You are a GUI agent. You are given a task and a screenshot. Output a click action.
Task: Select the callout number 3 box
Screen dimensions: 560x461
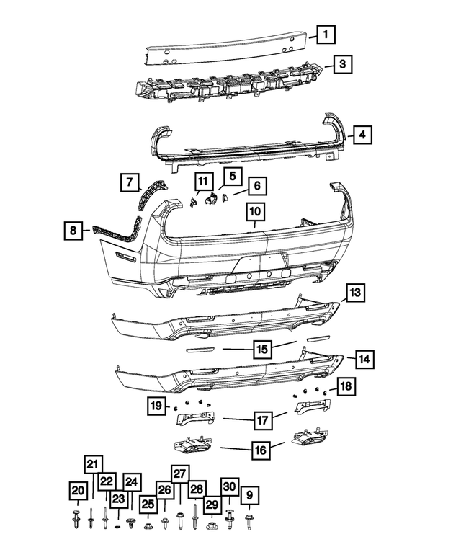[343, 65]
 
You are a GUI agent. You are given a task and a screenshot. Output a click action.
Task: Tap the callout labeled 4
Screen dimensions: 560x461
[363, 134]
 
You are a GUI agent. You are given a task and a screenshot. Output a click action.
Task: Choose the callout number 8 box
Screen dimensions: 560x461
[72, 231]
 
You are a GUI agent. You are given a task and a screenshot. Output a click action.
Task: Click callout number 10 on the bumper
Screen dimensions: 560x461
[255, 212]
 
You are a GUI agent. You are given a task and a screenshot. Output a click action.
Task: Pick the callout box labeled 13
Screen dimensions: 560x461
[354, 293]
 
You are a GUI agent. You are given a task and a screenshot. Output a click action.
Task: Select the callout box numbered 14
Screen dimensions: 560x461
[365, 357]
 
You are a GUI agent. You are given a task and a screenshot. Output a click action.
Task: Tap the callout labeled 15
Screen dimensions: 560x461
[262, 349]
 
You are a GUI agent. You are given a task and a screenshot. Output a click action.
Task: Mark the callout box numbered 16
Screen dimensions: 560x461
[260, 450]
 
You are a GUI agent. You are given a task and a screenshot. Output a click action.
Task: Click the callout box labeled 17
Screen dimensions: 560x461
[261, 419]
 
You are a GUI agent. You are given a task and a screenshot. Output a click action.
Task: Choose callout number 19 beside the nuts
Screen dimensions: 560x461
[156, 406]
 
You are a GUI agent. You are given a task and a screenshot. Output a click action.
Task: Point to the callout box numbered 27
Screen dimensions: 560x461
[180, 474]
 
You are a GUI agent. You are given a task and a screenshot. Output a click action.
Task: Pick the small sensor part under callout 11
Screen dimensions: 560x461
[194, 203]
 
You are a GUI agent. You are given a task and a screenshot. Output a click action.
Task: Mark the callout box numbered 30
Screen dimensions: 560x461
[229, 487]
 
